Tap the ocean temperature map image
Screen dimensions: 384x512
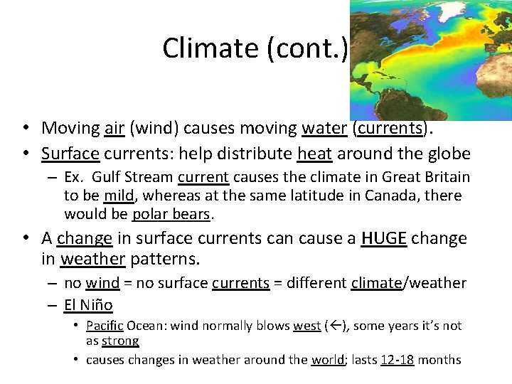click(x=431, y=60)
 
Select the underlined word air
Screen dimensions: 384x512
click(x=114, y=128)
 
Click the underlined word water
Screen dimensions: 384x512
click(x=324, y=128)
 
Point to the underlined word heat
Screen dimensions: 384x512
click(x=314, y=154)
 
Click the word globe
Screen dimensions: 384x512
click(x=449, y=154)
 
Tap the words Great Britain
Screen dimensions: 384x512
click(x=425, y=177)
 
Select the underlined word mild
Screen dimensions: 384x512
click(x=118, y=196)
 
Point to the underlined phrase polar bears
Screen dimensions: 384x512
click(x=171, y=214)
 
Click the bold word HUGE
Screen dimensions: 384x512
click(x=383, y=238)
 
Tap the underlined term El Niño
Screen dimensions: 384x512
click(x=88, y=306)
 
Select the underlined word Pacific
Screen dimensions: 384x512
click(x=105, y=326)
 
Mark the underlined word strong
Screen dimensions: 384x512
click(x=119, y=341)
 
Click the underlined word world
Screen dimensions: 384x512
click(x=328, y=360)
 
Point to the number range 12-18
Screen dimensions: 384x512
click(x=397, y=360)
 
